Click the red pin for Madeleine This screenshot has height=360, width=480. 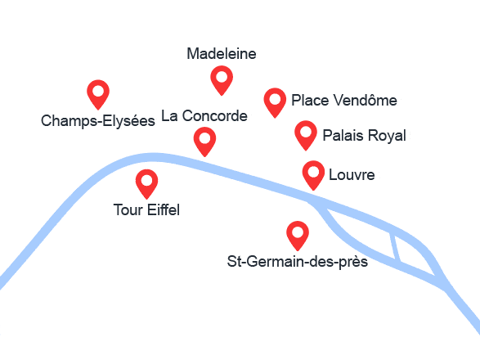(x=222, y=80)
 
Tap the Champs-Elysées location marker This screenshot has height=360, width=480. (x=98, y=94)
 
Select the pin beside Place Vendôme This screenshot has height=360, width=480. (x=275, y=102)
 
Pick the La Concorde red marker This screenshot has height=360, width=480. (x=204, y=142)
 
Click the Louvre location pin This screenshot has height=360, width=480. (x=313, y=175)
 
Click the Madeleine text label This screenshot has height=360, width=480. (x=222, y=54)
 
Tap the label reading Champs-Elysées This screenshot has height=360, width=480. (x=98, y=121)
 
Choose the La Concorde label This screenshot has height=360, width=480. (x=204, y=116)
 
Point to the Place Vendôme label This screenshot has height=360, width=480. (x=344, y=100)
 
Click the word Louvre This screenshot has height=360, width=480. (x=352, y=174)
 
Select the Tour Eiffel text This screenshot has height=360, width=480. (x=146, y=210)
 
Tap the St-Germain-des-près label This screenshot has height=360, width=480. (x=298, y=262)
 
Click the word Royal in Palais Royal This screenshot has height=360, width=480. (x=387, y=136)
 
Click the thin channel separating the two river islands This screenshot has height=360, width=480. (x=396, y=247)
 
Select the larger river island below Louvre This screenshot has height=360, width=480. (x=361, y=233)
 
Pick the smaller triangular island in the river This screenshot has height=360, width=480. (x=415, y=255)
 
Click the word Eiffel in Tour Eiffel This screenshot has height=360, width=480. (x=164, y=210)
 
